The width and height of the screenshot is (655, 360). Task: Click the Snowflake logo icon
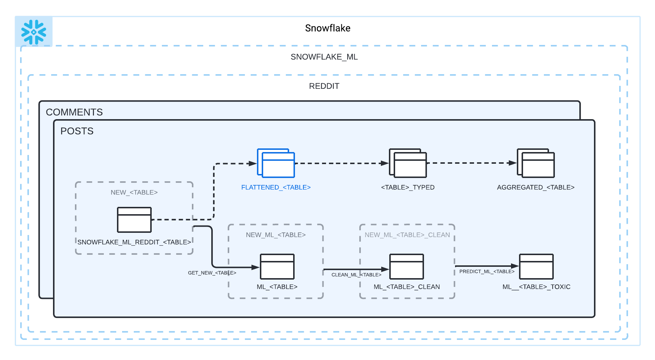[x=34, y=32]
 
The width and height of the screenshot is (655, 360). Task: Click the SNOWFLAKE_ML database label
[x=324, y=57]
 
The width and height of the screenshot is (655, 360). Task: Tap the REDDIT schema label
[x=324, y=86]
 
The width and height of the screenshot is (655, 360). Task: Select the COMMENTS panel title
[x=74, y=112]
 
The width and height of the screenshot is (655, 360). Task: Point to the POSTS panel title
[x=77, y=131]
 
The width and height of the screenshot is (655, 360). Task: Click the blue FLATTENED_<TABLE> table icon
[x=276, y=163]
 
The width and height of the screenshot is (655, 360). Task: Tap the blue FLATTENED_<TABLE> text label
[x=276, y=187]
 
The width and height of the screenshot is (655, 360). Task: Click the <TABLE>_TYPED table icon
[x=408, y=163]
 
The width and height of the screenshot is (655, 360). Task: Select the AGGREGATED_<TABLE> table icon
[x=535, y=163]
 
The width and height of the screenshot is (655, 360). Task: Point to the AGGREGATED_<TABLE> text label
[x=535, y=187]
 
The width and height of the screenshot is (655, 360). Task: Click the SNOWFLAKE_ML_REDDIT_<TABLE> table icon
[x=134, y=220]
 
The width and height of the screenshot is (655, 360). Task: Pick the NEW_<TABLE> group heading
[x=134, y=193]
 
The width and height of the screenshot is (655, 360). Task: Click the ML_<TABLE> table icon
[x=277, y=267]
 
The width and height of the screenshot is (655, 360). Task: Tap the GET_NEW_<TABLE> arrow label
[x=212, y=273]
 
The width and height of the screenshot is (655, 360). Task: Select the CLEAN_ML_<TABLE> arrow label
[x=356, y=275]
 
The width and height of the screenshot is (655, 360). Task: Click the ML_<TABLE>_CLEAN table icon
[x=406, y=267]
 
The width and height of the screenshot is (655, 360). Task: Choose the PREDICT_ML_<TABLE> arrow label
[x=486, y=272]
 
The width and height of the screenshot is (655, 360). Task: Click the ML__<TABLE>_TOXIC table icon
[x=536, y=267]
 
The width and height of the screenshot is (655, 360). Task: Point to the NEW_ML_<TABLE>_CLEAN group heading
[x=407, y=235]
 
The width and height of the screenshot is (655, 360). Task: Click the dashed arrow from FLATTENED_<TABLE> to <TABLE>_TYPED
[x=341, y=163]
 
